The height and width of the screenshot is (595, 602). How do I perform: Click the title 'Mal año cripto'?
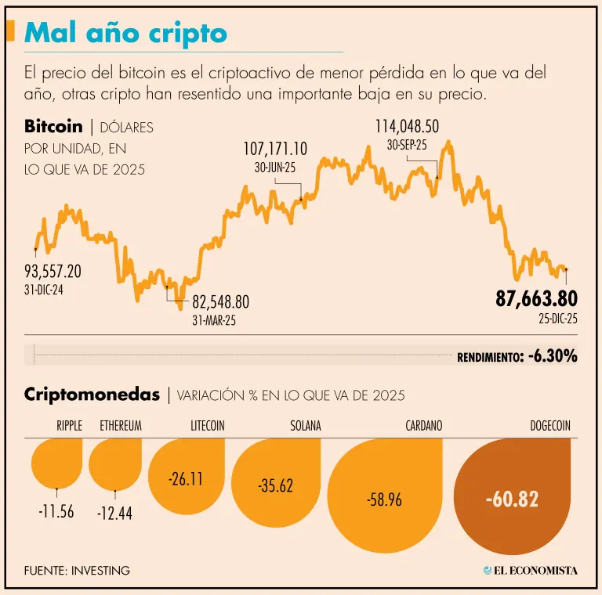point(125,33)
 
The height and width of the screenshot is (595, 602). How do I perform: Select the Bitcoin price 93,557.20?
point(53,272)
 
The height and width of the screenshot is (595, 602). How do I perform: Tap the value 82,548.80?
point(220,302)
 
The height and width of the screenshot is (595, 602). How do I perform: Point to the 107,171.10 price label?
point(275,148)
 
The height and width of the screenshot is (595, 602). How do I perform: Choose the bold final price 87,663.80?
point(536,298)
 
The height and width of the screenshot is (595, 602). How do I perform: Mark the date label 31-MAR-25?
point(214,320)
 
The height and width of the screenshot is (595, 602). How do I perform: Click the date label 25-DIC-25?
point(557,319)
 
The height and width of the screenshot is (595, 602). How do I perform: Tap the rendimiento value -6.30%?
point(553,356)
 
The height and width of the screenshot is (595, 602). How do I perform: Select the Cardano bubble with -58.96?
point(384,499)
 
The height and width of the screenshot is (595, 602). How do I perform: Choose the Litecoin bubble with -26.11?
point(186,478)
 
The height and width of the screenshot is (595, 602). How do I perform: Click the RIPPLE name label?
point(69,426)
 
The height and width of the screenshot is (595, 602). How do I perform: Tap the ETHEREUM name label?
point(120,426)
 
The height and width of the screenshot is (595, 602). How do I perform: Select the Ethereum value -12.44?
point(114,514)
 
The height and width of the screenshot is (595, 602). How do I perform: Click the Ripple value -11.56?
point(56,511)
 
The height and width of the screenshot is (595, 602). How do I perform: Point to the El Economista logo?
point(530,570)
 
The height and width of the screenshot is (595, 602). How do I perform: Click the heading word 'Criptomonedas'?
point(92,394)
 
